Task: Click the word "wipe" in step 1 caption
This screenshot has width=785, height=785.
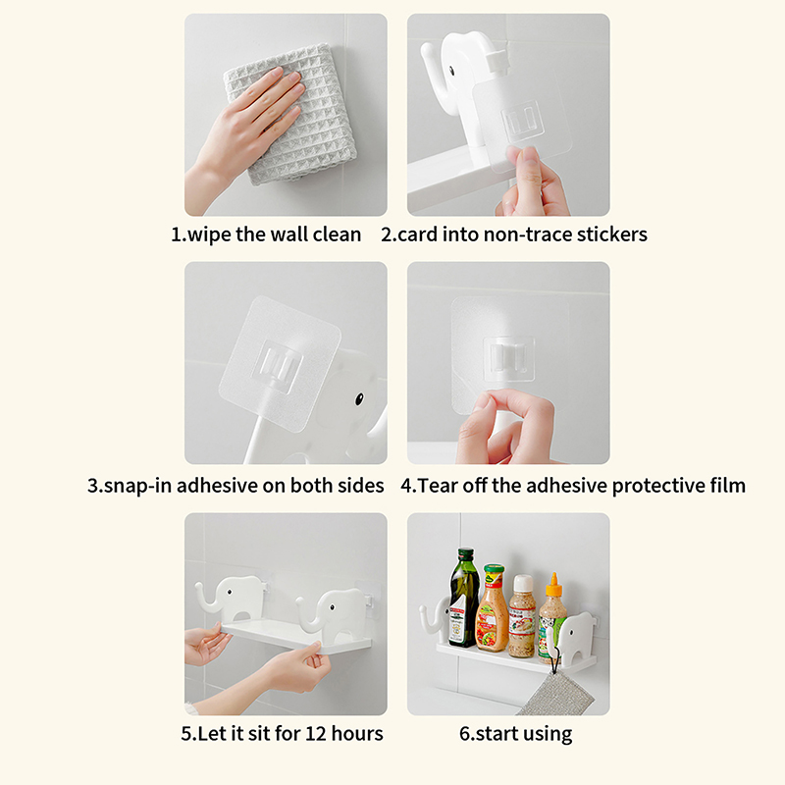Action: pyautogui.click(x=209, y=235)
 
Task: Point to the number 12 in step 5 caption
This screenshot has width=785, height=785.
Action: pyautogui.click(x=315, y=733)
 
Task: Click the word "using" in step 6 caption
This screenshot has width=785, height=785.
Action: pyautogui.click(x=548, y=734)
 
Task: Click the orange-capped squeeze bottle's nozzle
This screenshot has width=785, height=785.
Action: pyautogui.click(x=553, y=580)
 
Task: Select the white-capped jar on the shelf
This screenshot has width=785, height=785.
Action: pyautogui.click(x=522, y=616)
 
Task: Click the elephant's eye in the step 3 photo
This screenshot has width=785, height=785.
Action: pyautogui.click(x=359, y=399)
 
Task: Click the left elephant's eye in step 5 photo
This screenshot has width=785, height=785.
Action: pyautogui.click(x=230, y=593)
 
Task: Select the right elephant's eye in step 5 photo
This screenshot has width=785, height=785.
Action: pyautogui.click(x=332, y=607)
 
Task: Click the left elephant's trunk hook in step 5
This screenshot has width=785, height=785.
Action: pyautogui.click(x=205, y=598)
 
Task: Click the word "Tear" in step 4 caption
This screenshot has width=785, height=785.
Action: pyautogui.click(x=437, y=486)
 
